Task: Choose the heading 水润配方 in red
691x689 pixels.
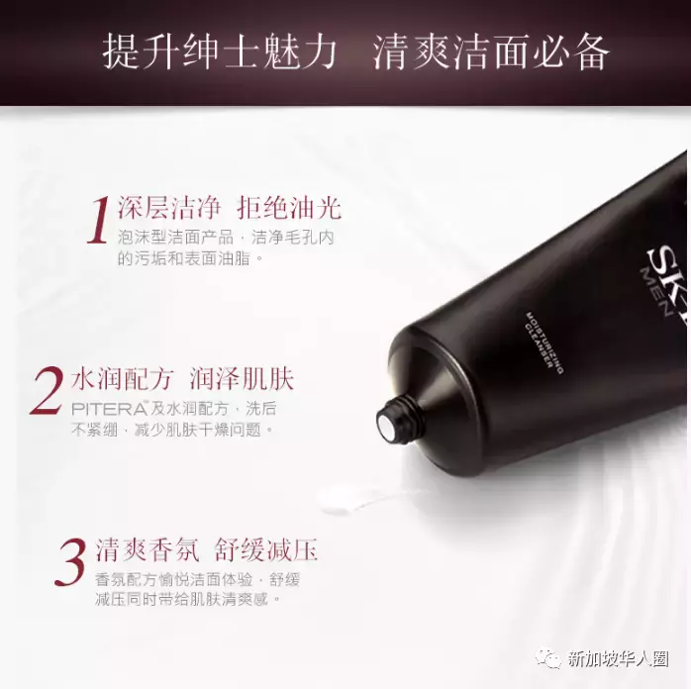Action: [x=123, y=378]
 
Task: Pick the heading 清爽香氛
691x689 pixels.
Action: [x=146, y=550]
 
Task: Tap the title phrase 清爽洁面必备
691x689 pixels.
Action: [x=490, y=52]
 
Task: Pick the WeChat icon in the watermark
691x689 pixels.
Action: [x=547, y=658]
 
